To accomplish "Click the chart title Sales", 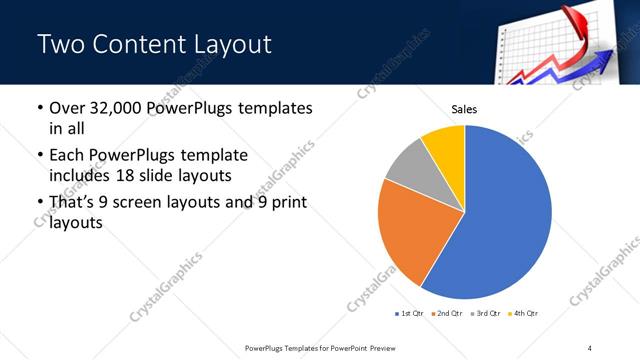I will coord(465,109).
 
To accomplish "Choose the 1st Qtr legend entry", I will coord(411,314).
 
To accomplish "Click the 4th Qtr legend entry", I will coord(525,314).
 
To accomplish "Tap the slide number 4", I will coord(590,346).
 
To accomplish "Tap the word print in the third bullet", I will coord(286,203).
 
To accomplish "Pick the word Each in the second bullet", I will coord(68,156).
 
